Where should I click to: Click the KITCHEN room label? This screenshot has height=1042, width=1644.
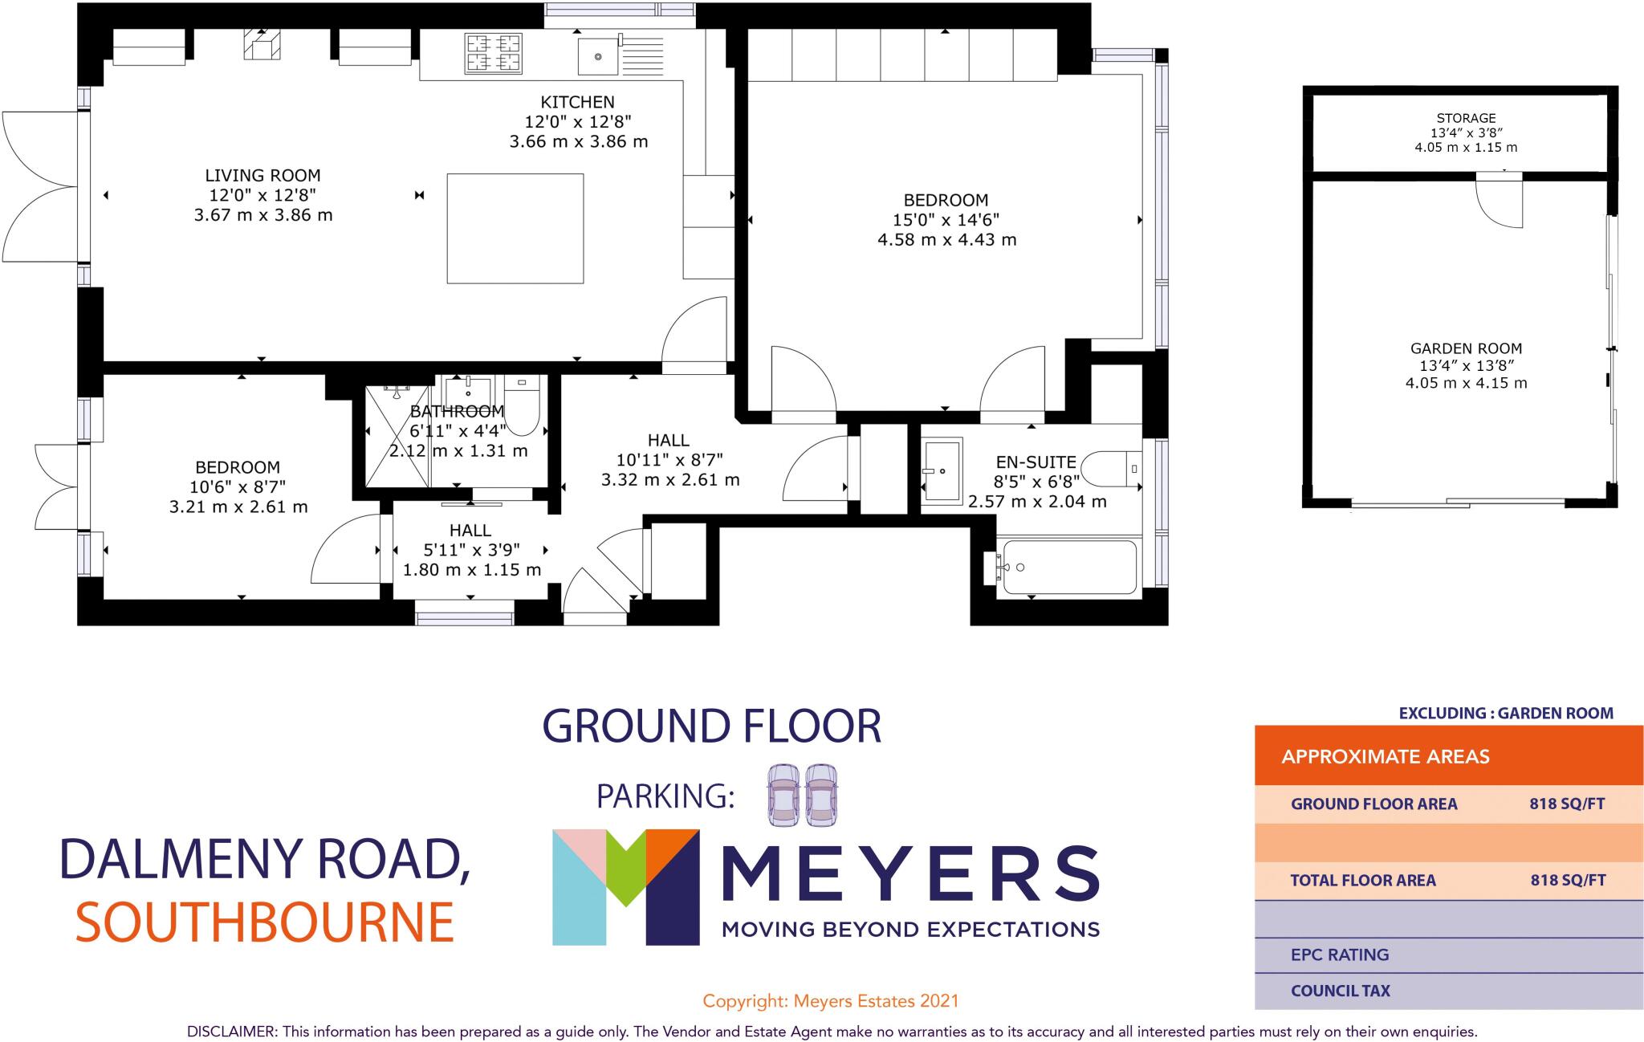coord(577,102)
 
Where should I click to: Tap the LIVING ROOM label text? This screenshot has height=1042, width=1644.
coord(262,175)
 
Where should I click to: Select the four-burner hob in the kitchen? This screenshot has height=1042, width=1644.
coord(493,53)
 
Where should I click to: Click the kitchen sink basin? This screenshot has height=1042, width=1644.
coord(598,55)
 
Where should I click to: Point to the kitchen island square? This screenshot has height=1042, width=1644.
coord(515,228)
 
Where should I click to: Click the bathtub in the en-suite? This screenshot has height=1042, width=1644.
coord(1067,567)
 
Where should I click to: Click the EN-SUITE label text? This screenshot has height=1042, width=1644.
coord(1036,462)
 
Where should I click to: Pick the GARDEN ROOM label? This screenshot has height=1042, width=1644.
coord(1466,348)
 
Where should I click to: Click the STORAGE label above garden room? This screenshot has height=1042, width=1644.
coord(1466,118)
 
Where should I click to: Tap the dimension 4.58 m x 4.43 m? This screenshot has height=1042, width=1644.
coord(946,239)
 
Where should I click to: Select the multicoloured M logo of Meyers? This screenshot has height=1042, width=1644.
coord(625,886)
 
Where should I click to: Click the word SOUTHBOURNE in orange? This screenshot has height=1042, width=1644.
coord(265,922)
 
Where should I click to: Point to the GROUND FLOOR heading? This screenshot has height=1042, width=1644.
coord(711,726)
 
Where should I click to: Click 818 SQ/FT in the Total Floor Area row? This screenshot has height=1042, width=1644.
coord(1567,880)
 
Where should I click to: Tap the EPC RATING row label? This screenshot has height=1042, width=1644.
coord(1339,954)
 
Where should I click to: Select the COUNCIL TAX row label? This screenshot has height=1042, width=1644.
coord(1340,991)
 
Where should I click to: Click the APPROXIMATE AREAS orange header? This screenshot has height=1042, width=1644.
coord(1385,756)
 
